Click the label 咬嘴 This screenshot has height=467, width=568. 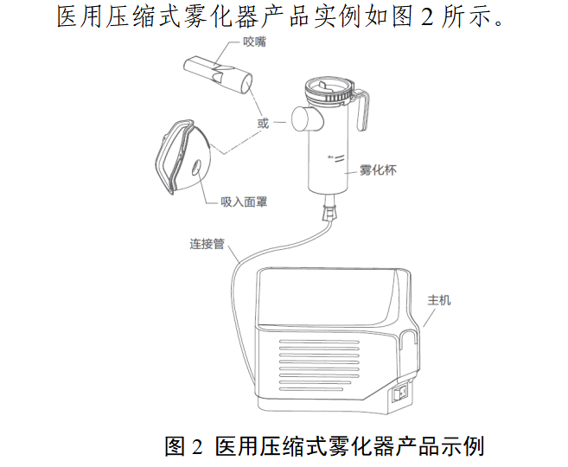(x=254, y=42)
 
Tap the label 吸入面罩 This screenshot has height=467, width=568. (x=244, y=202)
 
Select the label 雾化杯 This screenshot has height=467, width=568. (x=378, y=170)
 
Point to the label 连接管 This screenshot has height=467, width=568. (x=207, y=244)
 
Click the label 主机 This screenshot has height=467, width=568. (x=439, y=300)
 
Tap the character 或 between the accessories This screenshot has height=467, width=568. (x=263, y=123)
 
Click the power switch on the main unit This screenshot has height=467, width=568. (x=401, y=393)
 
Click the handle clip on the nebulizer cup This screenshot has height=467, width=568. (x=362, y=109)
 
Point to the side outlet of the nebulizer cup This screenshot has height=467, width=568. (x=307, y=118)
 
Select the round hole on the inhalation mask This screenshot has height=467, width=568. (x=196, y=168)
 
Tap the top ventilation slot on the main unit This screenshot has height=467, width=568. (x=319, y=342)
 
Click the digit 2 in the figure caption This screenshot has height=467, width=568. (x=197, y=447)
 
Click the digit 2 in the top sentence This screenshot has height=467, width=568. (x=427, y=16)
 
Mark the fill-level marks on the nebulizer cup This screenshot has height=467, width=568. (x=337, y=158)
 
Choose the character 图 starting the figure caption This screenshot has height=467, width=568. (x=176, y=446)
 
